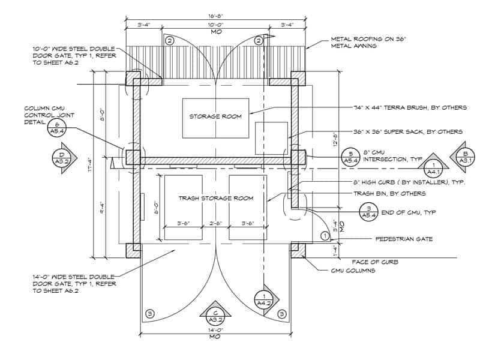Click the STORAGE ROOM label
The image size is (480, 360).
pyautogui.click(x=215, y=116)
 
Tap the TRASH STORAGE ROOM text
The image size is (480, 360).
pyautogui.click(x=215, y=197)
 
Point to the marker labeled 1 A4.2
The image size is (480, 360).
pyautogui.click(x=264, y=299)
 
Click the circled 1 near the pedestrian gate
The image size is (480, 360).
pyautogui.click(x=325, y=236)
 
